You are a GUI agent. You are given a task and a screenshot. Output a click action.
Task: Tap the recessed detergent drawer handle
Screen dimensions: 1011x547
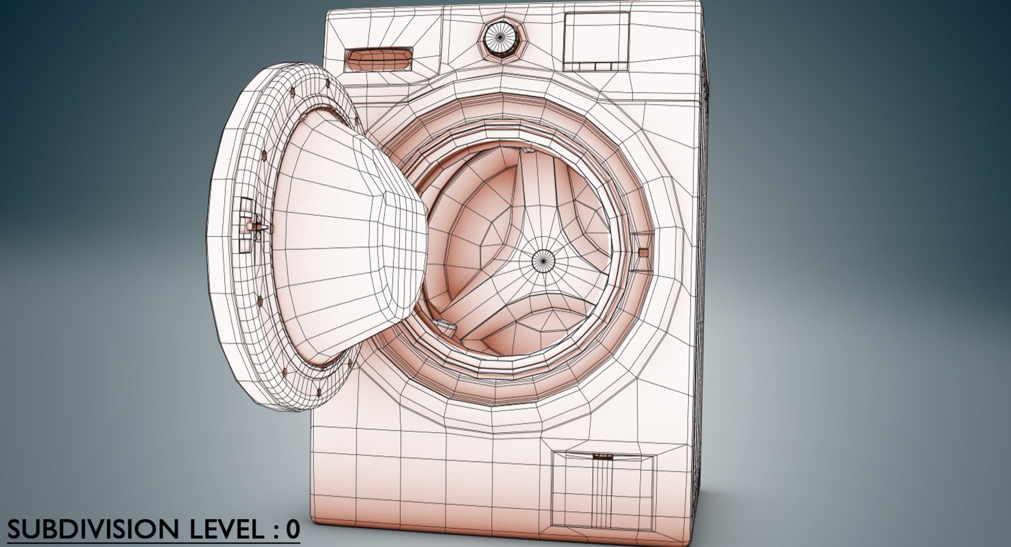click(x=378, y=60)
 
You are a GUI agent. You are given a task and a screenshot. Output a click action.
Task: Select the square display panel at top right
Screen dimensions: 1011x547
click(x=596, y=41)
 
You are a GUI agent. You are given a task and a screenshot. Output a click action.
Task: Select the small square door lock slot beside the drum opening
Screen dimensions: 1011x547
click(x=642, y=252)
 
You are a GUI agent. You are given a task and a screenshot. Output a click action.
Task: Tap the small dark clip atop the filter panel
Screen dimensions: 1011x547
click(x=603, y=456)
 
